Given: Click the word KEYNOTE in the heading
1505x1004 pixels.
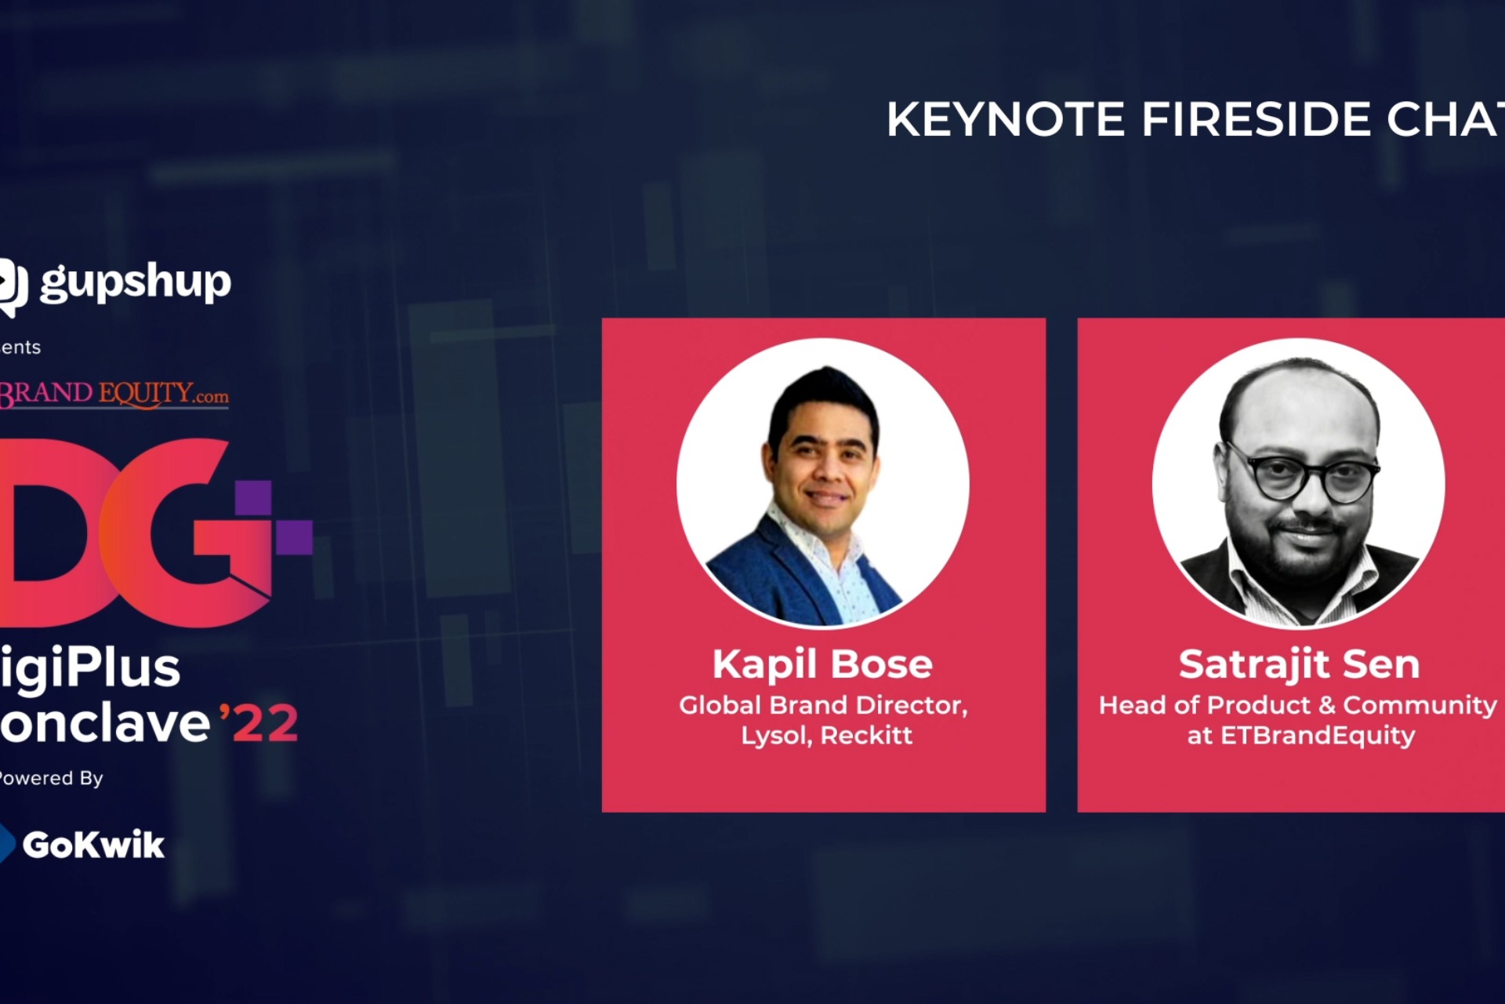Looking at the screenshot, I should (1006, 119).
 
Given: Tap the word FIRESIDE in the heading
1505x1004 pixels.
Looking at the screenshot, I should (1256, 119).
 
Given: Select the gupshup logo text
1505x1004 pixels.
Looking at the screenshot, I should (135, 282).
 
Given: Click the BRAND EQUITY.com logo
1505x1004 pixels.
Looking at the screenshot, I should (114, 393).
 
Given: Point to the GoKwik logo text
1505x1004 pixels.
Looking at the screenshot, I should (93, 845).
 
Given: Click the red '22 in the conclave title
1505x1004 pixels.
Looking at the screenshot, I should (259, 723).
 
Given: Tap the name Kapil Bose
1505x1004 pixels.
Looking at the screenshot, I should (822, 664).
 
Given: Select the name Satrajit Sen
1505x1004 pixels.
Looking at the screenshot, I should (1299, 664).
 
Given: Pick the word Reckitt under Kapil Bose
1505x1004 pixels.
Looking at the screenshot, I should (866, 736).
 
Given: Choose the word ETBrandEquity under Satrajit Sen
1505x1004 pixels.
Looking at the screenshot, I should (1318, 736).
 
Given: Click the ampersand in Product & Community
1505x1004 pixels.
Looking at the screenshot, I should (1326, 705).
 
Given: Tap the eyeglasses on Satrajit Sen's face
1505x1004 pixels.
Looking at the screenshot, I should (1301, 475).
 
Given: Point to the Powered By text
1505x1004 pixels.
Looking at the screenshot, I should (52, 778).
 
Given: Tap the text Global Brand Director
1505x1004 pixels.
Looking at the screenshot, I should (823, 705).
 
